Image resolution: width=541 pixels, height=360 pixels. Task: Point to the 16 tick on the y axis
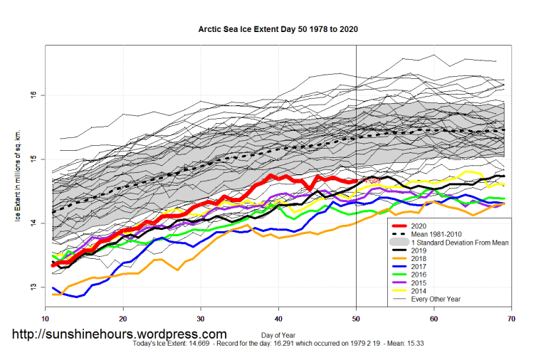pyautogui.click(x=35, y=95)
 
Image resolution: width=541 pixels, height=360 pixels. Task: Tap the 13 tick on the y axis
pyautogui.click(x=35, y=287)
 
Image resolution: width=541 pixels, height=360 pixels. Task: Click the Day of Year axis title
pyautogui.click(x=278, y=334)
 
